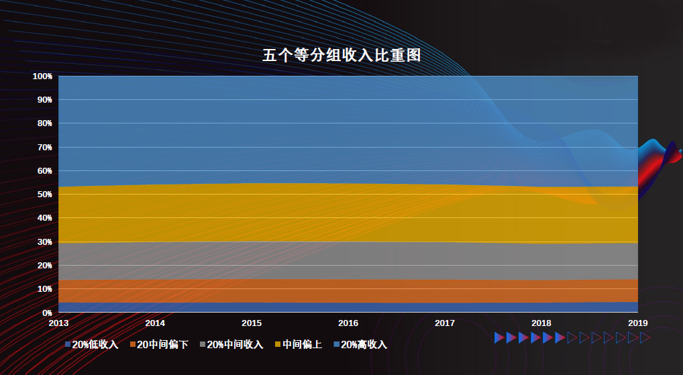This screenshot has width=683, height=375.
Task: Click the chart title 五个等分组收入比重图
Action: pos(341,56)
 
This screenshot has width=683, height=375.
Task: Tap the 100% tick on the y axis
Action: pos(42,76)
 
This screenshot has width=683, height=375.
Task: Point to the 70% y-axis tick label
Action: pos(44,148)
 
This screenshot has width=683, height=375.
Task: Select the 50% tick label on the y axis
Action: pos(44,195)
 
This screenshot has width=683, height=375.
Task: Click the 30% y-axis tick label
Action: pos(44,242)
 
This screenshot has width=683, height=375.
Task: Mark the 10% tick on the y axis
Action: pos(44,289)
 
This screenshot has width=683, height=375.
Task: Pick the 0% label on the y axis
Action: pos(46,313)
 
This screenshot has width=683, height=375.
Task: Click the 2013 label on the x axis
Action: pos(58,323)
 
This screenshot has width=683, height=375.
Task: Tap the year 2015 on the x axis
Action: pos(252,323)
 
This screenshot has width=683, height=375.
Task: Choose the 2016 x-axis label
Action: pos(348,323)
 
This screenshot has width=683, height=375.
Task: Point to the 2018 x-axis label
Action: pos(541,323)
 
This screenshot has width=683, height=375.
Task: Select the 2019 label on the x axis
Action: pos(637,323)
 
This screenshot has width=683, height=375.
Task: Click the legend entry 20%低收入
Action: pos(95,345)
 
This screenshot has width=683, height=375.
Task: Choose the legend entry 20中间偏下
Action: pos(162,345)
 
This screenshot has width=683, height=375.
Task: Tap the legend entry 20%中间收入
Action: pos(234,345)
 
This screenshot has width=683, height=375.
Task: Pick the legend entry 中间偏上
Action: pos(302,345)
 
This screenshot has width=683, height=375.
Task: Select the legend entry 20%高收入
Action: pos(364,345)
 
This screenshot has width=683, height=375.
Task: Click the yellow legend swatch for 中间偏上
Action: pos(278,345)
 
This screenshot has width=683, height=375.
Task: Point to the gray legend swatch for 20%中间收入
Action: pos(203,345)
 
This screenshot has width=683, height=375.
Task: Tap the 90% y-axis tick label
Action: pos(44,100)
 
